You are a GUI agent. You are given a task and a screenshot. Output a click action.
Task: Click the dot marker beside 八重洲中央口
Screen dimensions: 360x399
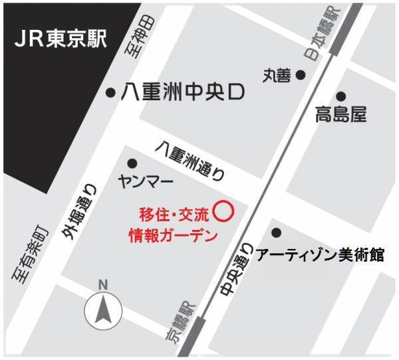110,93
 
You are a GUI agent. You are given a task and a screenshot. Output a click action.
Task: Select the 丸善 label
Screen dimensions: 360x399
277,76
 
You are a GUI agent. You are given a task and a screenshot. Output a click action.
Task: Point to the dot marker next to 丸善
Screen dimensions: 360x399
301,75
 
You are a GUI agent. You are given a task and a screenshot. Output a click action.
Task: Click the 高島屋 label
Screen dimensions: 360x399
340,115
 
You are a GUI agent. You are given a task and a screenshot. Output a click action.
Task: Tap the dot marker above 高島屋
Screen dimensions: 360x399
340,96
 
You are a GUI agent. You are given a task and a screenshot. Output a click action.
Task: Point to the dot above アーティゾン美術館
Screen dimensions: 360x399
276,232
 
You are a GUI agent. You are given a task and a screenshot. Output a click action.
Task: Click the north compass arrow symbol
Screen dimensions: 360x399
102,309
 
